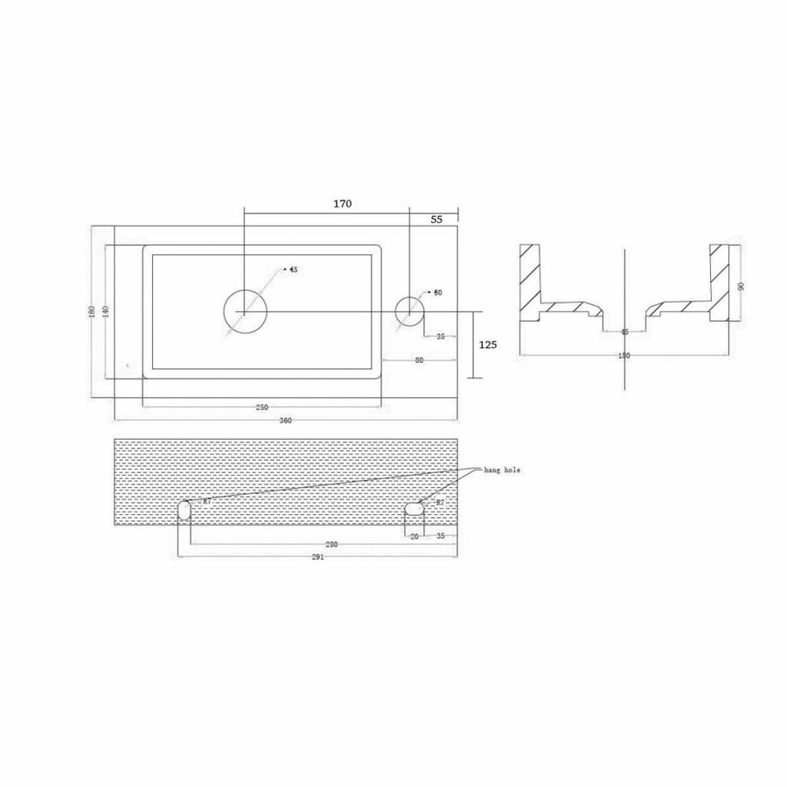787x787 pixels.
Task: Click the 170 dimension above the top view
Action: tap(342, 204)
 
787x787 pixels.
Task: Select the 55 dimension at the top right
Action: tap(436, 220)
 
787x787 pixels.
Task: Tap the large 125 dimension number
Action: tap(488, 345)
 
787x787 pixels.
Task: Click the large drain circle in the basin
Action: tap(244, 310)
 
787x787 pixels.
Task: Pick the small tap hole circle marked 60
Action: tap(409, 310)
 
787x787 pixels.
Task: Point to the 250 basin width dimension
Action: tap(261, 408)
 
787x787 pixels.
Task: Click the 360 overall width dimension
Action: tap(285, 421)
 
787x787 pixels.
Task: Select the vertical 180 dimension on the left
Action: tap(93, 312)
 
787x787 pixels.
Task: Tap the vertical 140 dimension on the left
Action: tap(105, 312)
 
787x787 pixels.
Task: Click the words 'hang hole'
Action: tap(502, 470)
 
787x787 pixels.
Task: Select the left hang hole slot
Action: tap(185, 511)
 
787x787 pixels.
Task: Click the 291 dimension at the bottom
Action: tap(317, 558)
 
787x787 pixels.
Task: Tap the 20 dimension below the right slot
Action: tap(414, 536)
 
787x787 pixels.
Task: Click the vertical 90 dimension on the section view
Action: tap(740, 286)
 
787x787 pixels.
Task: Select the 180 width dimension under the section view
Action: tap(624, 356)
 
